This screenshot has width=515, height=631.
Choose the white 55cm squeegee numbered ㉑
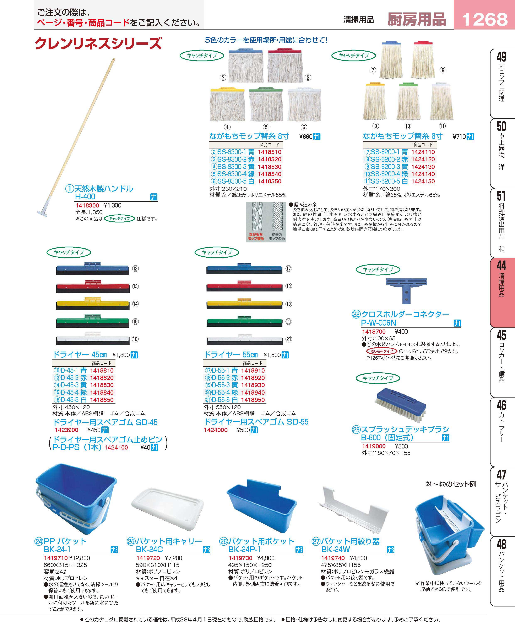244,339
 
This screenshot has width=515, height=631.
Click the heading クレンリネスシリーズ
98,43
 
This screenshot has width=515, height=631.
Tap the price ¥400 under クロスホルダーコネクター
401,331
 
